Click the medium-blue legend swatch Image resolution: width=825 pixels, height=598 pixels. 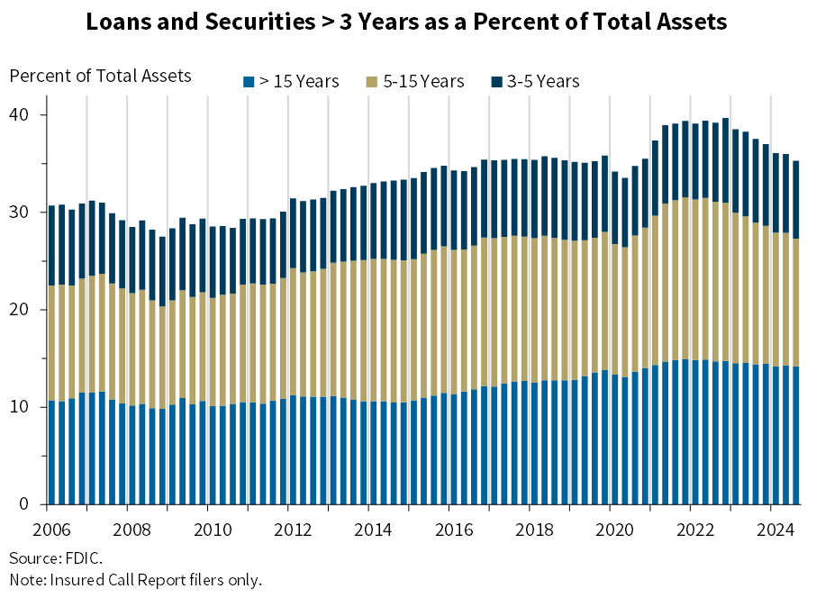coord(249,82)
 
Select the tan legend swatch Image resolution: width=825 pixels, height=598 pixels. coord(372,82)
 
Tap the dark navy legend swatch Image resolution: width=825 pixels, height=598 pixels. coord(497,82)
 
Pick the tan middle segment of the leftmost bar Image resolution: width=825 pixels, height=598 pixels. coord(52,343)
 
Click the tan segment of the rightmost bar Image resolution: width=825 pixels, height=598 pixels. coord(796,303)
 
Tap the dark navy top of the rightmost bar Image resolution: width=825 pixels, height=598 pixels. coord(796,199)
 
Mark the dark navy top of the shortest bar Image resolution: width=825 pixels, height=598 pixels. coord(162,271)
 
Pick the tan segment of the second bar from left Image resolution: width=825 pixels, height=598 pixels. coord(62,343)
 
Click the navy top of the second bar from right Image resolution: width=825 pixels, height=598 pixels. coord(786,194)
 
